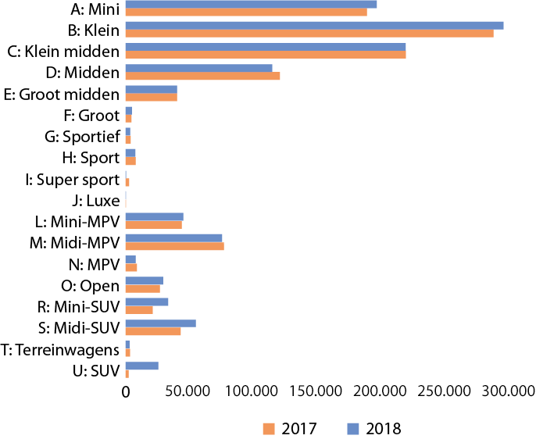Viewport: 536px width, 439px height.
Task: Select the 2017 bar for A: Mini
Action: [246, 12]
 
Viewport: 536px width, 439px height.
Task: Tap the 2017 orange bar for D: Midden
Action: [202, 76]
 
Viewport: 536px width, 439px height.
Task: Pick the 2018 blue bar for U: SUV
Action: [141, 366]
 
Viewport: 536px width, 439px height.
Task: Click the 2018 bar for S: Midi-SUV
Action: [160, 323]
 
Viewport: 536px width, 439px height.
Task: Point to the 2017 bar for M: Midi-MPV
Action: [174, 247]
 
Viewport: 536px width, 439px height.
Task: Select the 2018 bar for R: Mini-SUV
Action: [147, 302]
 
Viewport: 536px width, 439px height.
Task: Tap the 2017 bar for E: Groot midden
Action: [151, 98]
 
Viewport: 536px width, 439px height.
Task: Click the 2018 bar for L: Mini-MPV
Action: [154, 216]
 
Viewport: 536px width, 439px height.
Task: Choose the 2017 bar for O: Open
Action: [142, 289]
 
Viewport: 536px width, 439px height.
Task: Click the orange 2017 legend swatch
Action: [269, 428]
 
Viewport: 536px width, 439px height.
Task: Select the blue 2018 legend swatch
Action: [352, 428]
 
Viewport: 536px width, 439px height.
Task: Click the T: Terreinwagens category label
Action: [60, 349]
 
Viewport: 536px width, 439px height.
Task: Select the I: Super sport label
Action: [72, 180]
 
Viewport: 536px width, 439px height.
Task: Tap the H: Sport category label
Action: [91, 158]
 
